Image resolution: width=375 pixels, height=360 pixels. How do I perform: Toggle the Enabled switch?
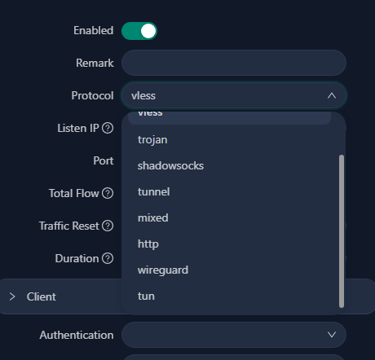(139, 31)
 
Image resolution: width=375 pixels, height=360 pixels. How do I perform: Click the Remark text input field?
(234, 63)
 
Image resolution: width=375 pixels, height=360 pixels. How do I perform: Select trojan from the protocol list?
(152, 140)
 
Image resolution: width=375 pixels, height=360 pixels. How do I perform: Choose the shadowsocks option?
(170, 165)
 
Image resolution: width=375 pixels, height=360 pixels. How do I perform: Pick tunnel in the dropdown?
(154, 191)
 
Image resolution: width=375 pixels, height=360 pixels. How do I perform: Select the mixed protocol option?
(153, 217)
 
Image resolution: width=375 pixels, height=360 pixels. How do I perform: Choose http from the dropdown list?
(148, 244)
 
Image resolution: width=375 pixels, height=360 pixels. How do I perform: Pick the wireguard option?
(163, 270)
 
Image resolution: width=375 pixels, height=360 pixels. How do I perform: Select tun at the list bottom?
(146, 296)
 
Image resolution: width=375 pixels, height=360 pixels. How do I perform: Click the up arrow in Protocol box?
(332, 95)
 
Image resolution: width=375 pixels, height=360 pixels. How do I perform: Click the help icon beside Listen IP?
(108, 128)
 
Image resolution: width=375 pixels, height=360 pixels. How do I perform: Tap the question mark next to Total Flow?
(108, 193)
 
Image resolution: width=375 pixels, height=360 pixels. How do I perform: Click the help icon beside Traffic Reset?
(108, 226)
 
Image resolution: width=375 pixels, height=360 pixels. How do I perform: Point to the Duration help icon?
(108, 258)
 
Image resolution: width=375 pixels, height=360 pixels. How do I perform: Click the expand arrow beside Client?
(12, 296)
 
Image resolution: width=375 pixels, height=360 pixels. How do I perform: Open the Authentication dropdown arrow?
(332, 335)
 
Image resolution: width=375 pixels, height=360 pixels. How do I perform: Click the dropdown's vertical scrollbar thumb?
(342, 231)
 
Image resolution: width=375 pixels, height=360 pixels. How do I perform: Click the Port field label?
(104, 160)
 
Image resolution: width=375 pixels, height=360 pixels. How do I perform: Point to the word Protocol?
(92, 95)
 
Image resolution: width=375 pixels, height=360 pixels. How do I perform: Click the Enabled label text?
(94, 30)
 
